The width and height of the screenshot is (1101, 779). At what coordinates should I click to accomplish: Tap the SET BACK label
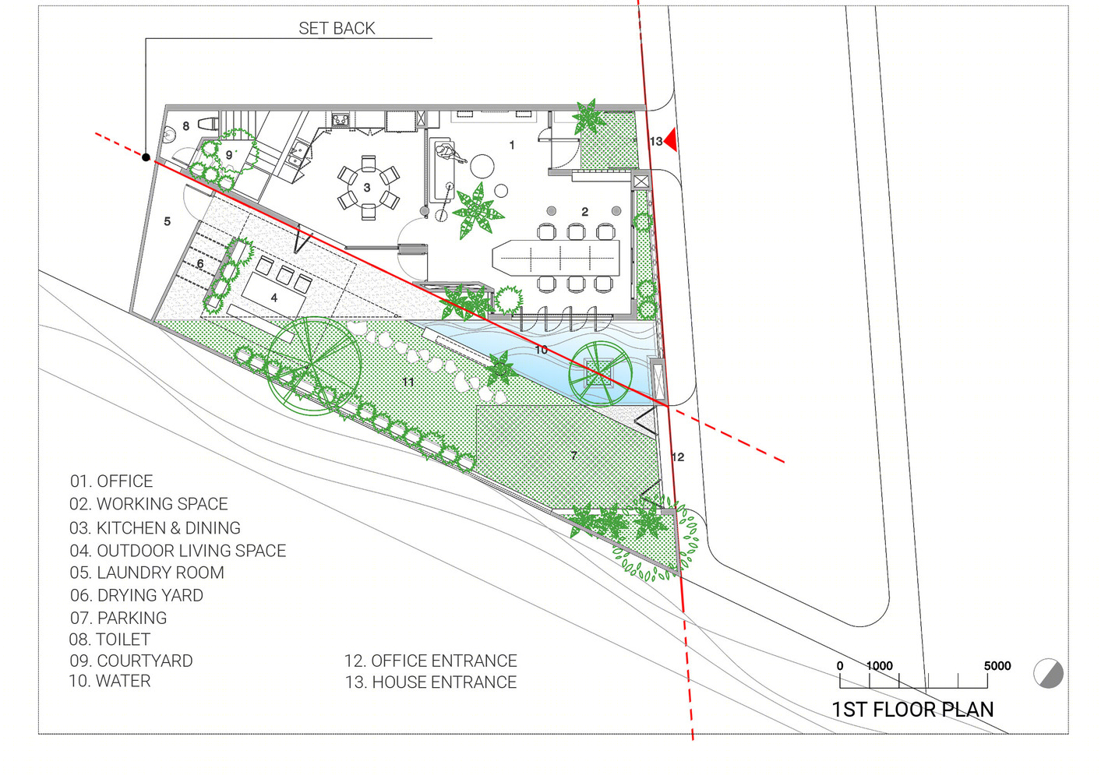click(337, 29)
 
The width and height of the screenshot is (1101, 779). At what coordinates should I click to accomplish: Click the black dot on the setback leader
click(146, 157)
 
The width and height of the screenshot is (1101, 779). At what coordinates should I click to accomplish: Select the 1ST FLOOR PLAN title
click(912, 710)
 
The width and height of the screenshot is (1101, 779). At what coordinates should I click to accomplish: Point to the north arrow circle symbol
click(1049, 673)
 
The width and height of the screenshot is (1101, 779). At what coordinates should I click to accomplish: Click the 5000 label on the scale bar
click(997, 666)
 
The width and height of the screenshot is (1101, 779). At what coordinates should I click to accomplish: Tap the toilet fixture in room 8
click(208, 124)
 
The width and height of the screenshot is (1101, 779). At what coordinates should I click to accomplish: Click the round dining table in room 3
click(368, 187)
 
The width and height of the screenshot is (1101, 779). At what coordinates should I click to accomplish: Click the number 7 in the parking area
click(573, 456)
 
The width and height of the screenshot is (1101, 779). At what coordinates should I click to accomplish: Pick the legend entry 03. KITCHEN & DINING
click(155, 528)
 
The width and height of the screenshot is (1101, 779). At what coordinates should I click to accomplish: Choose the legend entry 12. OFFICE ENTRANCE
click(431, 661)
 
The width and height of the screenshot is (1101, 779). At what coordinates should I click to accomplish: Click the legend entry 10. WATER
click(110, 681)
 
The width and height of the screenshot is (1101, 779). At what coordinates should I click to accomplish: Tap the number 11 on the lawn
click(408, 382)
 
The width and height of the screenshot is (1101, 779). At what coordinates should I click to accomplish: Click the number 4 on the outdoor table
click(274, 298)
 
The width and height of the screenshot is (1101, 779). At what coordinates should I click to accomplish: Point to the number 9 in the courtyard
click(228, 155)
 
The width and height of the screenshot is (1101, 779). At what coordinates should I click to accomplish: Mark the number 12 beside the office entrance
click(678, 457)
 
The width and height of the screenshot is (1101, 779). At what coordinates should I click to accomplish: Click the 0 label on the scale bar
click(840, 666)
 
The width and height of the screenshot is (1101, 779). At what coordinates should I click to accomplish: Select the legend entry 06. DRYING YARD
click(136, 596)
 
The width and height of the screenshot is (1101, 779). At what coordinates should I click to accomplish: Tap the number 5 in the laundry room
click(167, 222)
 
